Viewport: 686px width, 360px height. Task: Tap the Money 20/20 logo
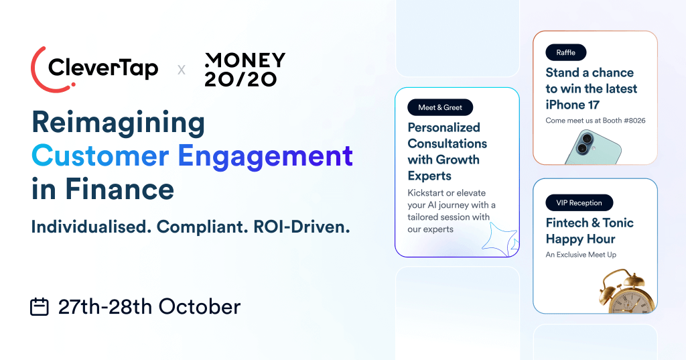coord(245,69)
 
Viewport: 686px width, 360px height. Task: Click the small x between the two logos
coord(181,69)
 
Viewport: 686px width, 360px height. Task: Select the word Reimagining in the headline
coord(118,123)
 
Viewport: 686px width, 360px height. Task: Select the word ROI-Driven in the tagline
coord(301,227)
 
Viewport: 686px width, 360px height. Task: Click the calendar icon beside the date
coord(40,307)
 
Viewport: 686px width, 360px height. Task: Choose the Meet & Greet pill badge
coord(439,107)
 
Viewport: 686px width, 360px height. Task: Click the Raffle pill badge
coord(565,52)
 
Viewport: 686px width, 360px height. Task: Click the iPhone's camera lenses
coord(583,141)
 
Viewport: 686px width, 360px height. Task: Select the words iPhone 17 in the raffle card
coord(572,105)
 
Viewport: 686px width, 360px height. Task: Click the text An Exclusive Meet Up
coord(581,255)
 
